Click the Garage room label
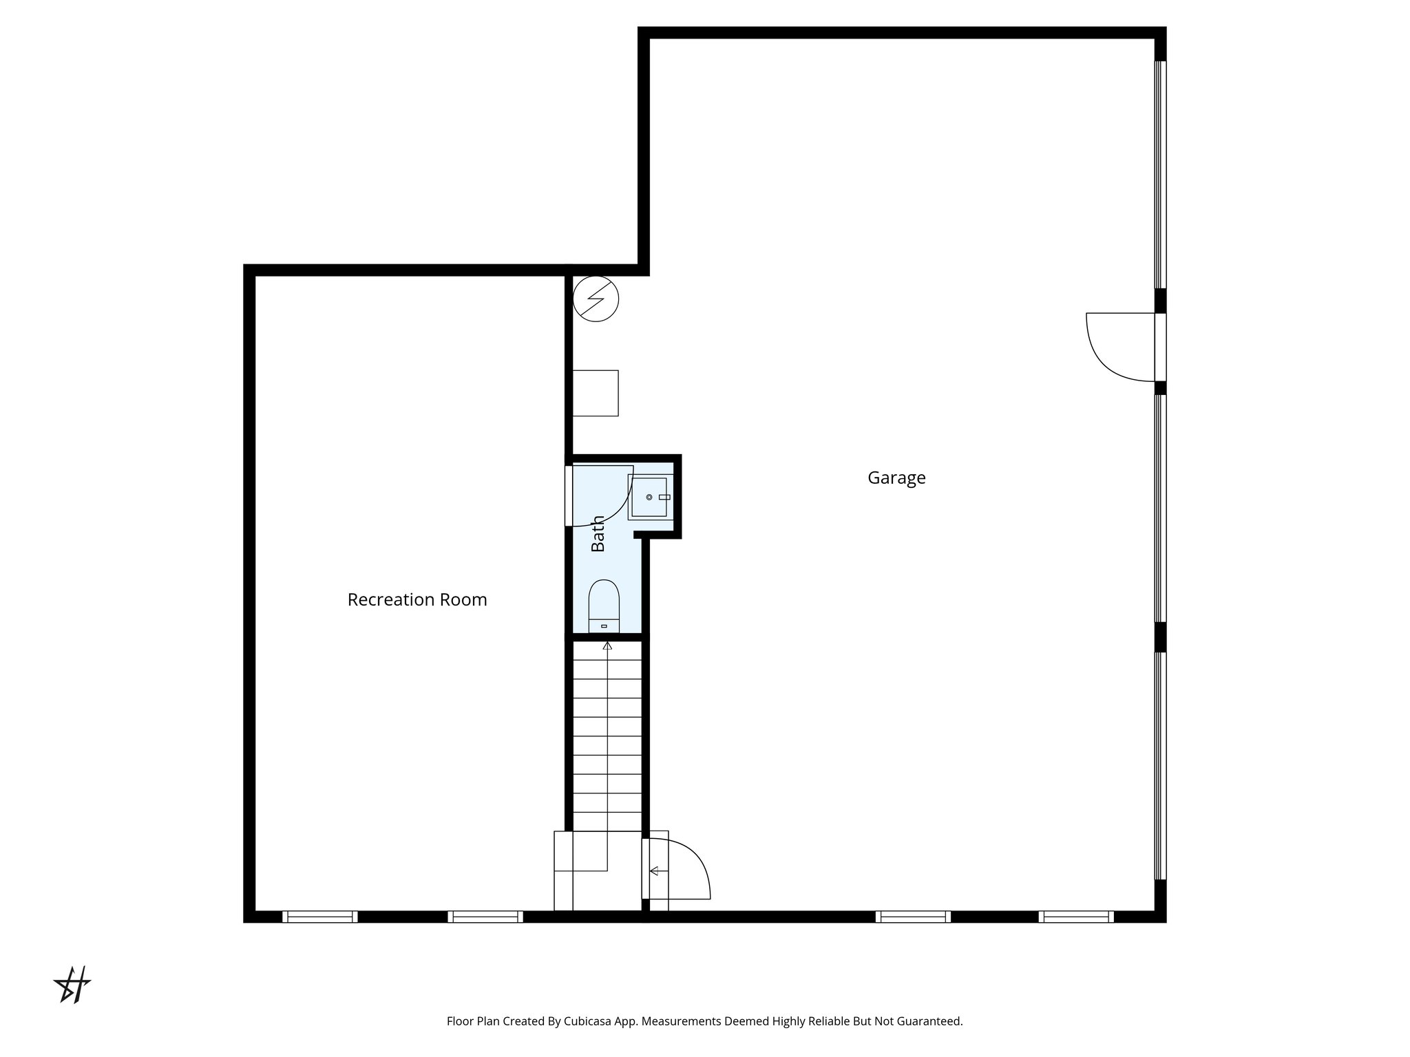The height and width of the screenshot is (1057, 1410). [896, 478]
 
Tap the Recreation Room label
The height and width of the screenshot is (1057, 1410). [417, 600]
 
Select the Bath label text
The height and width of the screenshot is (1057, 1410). [598, 533]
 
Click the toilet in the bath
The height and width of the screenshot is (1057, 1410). [604, 606]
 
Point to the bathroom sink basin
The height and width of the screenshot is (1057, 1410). [649, 497]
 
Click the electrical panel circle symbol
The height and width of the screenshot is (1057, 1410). [596, 299]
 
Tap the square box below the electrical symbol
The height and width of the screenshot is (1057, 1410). [596, 393]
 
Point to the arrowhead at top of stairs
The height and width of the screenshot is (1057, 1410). [607, 646]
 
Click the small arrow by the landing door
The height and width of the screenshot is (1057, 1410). [654, 871]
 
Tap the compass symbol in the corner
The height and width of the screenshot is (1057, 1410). [72, 985]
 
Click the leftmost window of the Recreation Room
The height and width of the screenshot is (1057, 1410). [319, 917]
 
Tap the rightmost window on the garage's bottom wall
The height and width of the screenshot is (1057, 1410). [1076, 917]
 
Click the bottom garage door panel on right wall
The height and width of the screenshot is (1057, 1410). [1161, 765]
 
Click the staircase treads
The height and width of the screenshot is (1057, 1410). [607, 736]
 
